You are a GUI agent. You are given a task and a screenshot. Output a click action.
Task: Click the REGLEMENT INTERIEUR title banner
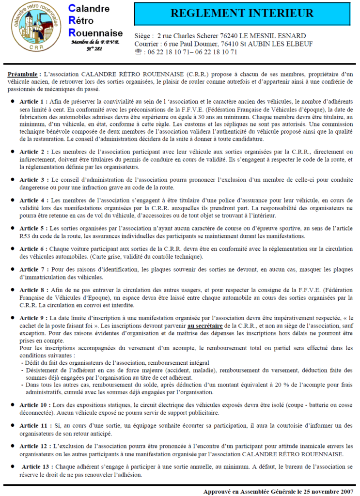[242, 13]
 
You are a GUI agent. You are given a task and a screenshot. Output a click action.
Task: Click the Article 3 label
[33, 180]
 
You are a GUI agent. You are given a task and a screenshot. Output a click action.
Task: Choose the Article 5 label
[33, 228]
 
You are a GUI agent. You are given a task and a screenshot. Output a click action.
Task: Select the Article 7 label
[33, 269]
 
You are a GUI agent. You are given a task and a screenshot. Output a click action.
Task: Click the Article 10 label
[35, 404]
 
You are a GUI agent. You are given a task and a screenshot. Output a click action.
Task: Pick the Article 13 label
[37, 466]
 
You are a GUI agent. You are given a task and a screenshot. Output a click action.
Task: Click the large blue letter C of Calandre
[72, 9]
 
